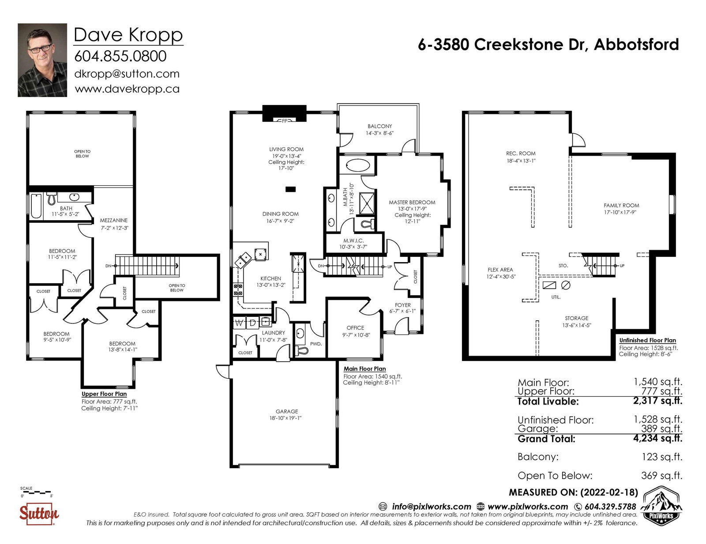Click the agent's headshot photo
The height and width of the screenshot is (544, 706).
[x=42, y=60]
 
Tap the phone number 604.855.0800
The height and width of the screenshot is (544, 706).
[x=120, y=56]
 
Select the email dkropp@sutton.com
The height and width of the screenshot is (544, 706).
[x=127, y=74]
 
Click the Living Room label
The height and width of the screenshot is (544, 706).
[x=286, y=150]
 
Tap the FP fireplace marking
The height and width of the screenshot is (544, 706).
[x=285, y=121]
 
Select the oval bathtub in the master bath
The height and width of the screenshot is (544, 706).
[x=357, y=165]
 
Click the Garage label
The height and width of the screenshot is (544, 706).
[x=286, y=412]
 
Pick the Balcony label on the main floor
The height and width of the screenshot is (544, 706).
[x=380, y=126]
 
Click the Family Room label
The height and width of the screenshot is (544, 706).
[x=621, y=206]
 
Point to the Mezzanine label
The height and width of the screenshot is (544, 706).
[x=114, y=220]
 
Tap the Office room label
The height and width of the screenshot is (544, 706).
[x=355, y=328]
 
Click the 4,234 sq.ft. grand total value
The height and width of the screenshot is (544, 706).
[x=657, y=438]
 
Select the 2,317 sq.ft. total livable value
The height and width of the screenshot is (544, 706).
[x=657, y=401]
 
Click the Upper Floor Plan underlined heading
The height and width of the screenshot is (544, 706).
[x=104, y=394]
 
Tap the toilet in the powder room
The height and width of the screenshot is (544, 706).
[x=301, y=350]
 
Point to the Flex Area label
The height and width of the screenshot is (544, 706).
[x=500, y=270]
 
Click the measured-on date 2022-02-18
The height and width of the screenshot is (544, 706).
[x=609, y=493]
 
